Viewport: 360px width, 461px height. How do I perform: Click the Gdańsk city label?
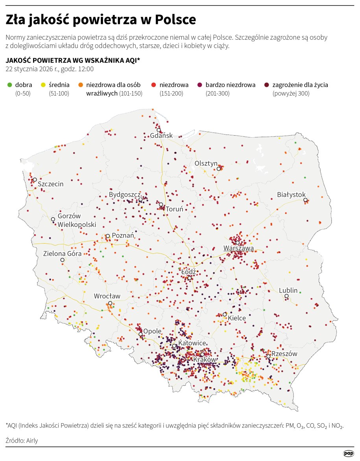pyautogui.click(x=161, y=136)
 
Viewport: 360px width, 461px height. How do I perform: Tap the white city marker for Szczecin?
pyautogui.click(x=35, y=179)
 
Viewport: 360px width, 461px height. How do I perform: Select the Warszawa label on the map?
pyautogui.click(x=238, y=248)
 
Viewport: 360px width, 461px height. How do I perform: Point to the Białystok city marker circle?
pyautogui.click(x=305, y=200)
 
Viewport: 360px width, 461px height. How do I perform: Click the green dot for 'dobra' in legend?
pyautogui.click(x=9, y=85)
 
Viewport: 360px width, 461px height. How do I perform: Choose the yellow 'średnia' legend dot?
pyautogui.click(x=43, y=85)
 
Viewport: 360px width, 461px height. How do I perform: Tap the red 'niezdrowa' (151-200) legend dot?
pyautogui.click(x=154, y=85)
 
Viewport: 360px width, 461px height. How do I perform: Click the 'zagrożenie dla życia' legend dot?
pyautogui.click(x=267, y=85)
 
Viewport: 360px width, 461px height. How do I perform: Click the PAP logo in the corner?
pyautogui.click(x=349, y=454)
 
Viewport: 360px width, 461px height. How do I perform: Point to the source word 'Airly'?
pyautogui.click(x=31, y=441)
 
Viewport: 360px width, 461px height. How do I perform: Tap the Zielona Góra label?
pyautogui.click(x=62, y=254)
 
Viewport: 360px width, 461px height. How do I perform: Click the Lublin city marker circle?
pyautogui.click(x=286, y=296)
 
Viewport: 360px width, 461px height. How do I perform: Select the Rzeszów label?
pyautogui.click(x=284, y=354)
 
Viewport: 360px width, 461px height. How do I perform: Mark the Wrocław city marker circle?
pyautogui.click(x=111, y=303)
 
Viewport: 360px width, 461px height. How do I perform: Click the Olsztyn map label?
pyautogui.click(x=206, y=163)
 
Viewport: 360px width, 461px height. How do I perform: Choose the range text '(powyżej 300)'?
pyautogui.click(x=291, y=94)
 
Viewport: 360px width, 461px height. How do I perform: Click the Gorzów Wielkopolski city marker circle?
pyautogui.click(x=53, y=219)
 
